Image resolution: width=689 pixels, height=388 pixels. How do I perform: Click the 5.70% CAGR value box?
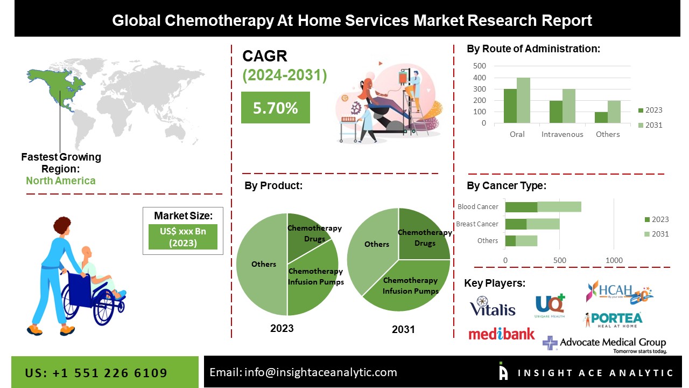[275, 108]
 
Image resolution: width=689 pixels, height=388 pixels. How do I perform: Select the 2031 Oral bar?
[523, 100]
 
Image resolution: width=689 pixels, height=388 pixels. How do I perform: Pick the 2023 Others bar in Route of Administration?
[601, 117]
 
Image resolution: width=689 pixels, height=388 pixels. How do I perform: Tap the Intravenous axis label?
[562, 134]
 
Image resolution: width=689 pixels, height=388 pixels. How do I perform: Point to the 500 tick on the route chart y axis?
[480, 66]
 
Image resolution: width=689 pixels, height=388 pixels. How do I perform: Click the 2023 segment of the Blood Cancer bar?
[521, 207]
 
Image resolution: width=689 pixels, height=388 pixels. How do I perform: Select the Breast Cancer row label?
[477, 224]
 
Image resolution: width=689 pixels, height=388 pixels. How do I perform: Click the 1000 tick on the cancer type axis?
[614, 260]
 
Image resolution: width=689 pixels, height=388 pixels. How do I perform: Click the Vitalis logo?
[492, 307]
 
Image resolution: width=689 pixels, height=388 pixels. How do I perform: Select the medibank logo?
[502, 334]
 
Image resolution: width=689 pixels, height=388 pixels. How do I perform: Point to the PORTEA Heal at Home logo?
[613, 319]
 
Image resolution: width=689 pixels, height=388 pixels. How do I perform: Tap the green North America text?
[61, 181]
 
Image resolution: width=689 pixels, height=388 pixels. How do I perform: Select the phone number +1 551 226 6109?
[96, 373]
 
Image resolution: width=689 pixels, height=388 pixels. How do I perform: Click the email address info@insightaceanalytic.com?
[304, 372]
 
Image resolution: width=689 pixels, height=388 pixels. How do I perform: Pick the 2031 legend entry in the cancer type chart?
[656, 234]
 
